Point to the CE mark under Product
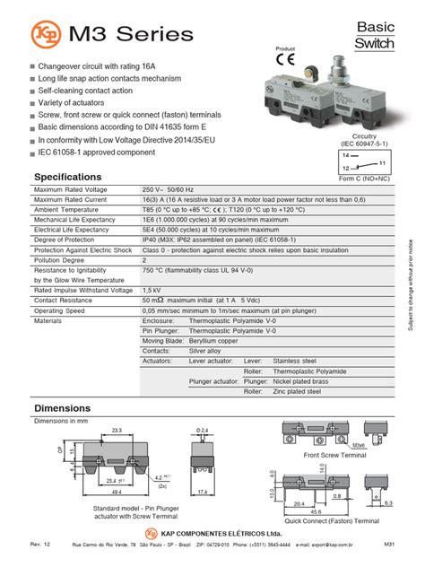286,62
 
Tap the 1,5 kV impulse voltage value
152,291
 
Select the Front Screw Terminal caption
334,455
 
